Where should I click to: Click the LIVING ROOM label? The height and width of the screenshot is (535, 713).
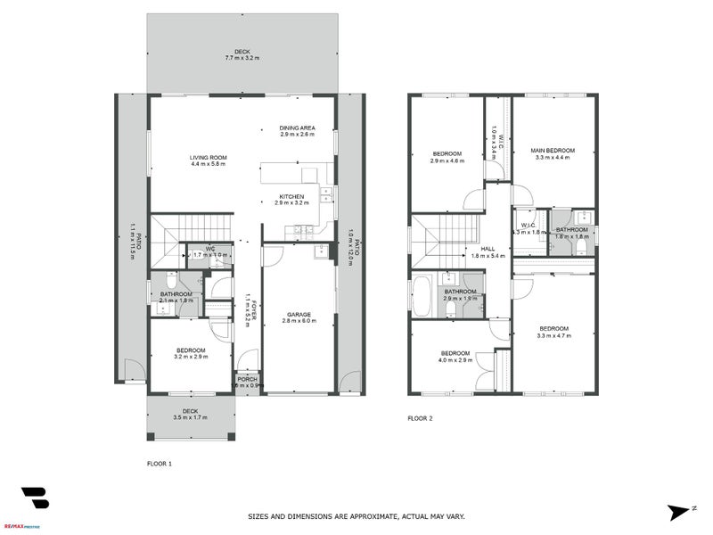click(x=208, y=158)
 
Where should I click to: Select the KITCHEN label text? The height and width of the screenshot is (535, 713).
click(x=291, y=196)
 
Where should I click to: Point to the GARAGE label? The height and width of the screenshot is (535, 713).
click(x=299, y=313)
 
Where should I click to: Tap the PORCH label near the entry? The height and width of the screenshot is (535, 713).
click(x=246, y=380)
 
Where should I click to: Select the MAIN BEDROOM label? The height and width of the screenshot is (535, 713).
click(x=553, y=151)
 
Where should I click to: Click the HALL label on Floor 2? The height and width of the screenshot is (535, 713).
click(x=487, y=250)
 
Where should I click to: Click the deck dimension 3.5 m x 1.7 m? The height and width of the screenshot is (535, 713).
click(x=191, y=417)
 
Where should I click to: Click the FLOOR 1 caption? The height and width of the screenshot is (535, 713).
click(x=159, y=464)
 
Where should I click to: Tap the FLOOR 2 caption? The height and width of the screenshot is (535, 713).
click(x=420, y=417)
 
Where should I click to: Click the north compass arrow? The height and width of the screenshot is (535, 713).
click(x=680, y=511)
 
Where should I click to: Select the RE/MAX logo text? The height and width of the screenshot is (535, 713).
click(x=25, y=526)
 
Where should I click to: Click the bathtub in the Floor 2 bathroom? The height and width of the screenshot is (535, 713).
click(x=423, y=296)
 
